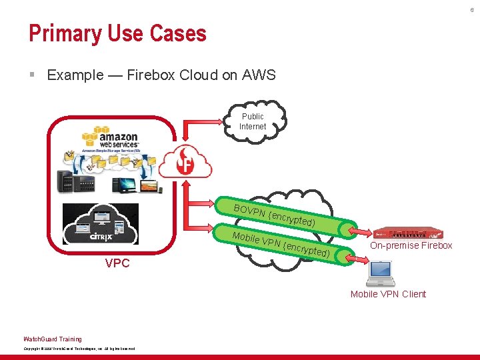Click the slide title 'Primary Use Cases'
pos(117,33)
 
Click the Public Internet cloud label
pos(253,121)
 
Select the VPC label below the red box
pos(117,263)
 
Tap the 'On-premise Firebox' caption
pos(411,246)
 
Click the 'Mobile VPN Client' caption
pos(388,294)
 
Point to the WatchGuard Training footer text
pos(53,339)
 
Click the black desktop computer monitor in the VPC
pos(124,184)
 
